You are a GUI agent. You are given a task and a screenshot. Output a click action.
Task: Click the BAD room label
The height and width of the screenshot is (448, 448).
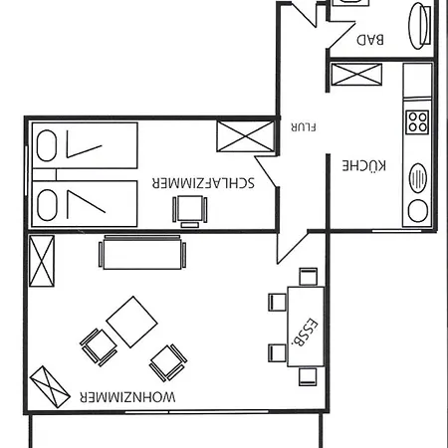[370, 40]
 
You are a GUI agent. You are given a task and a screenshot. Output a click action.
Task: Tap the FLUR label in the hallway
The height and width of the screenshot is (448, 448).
[304, 127]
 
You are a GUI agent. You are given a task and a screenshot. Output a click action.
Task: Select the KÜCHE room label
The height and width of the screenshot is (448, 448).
[364, 165]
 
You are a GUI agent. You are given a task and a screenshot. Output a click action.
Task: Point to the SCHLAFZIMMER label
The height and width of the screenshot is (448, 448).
[203, 183]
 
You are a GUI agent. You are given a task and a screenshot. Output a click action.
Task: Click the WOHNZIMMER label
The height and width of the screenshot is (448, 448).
[127, 397]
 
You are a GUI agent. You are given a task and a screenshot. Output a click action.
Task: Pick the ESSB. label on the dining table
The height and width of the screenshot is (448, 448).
[305, 333]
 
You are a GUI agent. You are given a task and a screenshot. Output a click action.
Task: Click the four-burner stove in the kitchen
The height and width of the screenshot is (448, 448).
[417, 122]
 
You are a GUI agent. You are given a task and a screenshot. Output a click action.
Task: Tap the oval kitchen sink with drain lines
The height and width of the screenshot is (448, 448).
[418, 177]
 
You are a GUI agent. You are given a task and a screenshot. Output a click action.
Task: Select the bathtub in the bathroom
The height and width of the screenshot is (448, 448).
[419, 26]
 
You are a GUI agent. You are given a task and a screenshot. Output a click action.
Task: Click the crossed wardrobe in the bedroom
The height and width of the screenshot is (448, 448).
[246, 136]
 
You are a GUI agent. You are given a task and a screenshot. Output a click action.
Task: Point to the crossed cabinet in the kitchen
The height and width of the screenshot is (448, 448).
[356, 75]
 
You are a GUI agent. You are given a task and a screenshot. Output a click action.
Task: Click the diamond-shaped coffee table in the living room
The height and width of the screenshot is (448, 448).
[131, 322]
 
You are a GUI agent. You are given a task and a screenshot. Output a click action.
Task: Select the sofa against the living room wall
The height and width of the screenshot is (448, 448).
[142, 252]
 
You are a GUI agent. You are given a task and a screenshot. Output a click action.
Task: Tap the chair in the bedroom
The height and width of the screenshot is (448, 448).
[190, 211]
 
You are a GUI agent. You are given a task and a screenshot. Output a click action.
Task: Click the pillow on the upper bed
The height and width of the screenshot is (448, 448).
[47, 145]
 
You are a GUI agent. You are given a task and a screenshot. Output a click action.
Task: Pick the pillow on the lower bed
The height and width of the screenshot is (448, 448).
[47, 205]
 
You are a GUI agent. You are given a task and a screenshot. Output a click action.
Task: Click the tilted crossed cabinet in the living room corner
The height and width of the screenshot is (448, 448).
[50, 387]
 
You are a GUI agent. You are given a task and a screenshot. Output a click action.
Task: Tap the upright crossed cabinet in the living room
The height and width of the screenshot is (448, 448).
[42, 261]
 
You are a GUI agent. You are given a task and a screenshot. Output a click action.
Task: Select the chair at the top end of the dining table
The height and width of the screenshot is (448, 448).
[308, 277]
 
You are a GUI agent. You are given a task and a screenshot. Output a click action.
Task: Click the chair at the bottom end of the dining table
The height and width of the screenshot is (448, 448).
[308, 376]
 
